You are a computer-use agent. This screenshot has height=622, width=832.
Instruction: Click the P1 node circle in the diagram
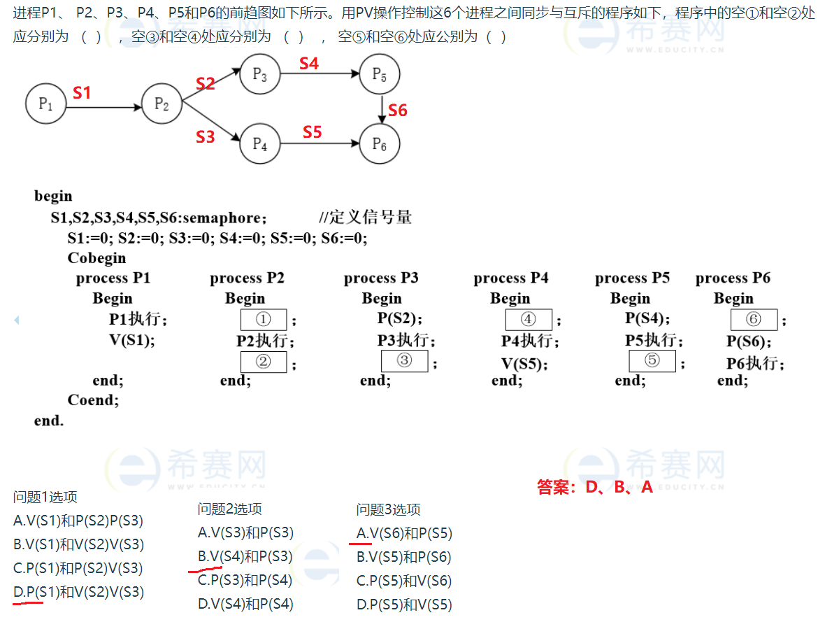pyautogui.click(x=45, y=104)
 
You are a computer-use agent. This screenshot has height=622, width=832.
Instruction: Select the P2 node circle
pyautogui.click(x=162, y=104)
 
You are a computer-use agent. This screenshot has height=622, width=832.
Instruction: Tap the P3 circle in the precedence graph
pyautogui.click(x=259, y=73)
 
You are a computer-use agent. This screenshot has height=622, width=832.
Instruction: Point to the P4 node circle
pyautogui.click(x=259, y=144)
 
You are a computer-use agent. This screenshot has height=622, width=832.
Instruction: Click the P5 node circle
pyautogui.click(x=379, y=73)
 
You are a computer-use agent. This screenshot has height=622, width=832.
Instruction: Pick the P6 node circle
pyautogui.click(x=379, y=144)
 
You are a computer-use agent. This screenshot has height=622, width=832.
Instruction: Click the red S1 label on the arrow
pyautogui.click(x=82, y=92)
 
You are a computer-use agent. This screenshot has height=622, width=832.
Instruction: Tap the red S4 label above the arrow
pyautogui.click(x=308, y=64)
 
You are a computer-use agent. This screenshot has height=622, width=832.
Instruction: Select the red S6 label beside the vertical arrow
pyautogui.click(x=398, y=110)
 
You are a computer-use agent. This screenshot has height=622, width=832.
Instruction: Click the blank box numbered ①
pyautogui.click(x=264, y=320)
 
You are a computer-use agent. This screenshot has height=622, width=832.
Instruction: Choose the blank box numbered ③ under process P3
pyautogui.click(x=403, y=361)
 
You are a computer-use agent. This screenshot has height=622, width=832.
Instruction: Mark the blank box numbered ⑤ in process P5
pyautogui.click(x=652, y=361)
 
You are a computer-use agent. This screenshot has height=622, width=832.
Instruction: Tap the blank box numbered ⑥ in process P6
pyautogui.click(x=754, y=320)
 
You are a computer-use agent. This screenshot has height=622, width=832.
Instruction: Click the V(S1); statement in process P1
pyautogui.click(x=131, y=340)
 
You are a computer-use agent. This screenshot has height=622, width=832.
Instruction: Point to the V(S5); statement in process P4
pyautogui.click(x=524, y=364)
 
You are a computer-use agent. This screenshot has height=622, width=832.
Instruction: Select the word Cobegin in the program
pyautogui.click(x=96, y=258)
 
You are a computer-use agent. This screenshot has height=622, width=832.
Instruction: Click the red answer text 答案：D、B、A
pyautogui.click(x=594, y=487)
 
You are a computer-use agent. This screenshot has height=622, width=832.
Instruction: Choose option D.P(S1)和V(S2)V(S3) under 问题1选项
pyautogui.click(x=78, y=592)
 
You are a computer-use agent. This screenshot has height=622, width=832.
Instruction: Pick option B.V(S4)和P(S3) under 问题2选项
pyautogui.click(x=245, y=556)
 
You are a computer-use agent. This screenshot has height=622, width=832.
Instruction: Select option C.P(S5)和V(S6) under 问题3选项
pyautogui.click(x=404, y=581)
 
